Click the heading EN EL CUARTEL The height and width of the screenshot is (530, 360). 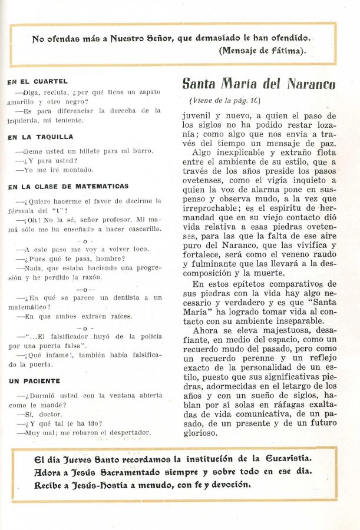click(x=37, y=82)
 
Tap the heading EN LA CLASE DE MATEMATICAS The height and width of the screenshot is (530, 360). click(x=68, y=187)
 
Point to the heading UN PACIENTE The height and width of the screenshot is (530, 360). click(x=31, y=381)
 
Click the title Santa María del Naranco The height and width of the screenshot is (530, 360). click(x=258, y=84)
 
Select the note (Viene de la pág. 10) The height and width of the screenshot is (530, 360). click(x=224, y=100)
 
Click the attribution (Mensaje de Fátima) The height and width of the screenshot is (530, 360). click(x=262, y=51)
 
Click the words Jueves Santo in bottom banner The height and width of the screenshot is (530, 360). click(x=81, y=458)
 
